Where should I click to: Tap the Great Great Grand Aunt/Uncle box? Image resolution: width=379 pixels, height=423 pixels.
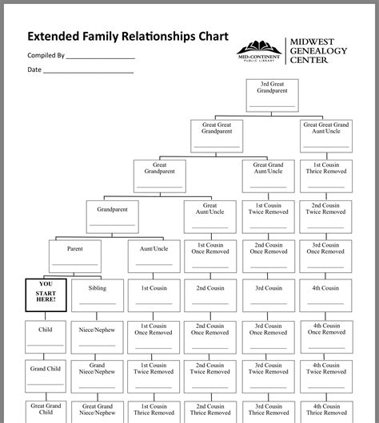tap(325, 135)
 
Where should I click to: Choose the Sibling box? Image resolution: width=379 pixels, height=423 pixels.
tap(97, 295)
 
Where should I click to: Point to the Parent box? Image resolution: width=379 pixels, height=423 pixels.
tap(74, 255)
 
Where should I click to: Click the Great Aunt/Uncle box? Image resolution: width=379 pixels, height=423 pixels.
tap(210, 215)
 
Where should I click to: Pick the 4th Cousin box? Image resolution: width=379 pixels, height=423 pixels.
tap(325, 295)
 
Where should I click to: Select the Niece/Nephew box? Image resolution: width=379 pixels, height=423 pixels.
tap(97, 334)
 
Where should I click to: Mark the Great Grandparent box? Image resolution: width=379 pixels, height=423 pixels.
tap(154, 176)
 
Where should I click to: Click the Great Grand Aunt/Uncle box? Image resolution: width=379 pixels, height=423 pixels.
tap(268, 176)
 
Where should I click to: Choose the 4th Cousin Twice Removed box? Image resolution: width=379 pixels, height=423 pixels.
tap(325, 374)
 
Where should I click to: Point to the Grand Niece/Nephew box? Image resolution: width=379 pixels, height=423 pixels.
tap(97, 374)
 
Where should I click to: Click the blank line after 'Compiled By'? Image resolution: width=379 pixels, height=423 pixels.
tap(101, 58)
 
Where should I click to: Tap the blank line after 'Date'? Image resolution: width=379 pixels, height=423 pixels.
tap(88, 73)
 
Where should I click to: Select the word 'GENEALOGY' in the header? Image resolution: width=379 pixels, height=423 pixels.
tap(319, 50)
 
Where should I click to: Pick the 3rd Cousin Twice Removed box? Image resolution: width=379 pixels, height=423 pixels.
tap(268, 374)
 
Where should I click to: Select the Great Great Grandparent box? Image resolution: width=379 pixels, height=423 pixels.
tap(216, 135)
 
